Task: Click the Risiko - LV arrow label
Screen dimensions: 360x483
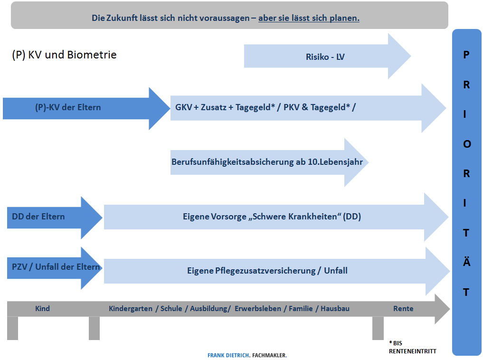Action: point(325,57)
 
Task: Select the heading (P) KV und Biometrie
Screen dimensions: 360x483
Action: point(64,55)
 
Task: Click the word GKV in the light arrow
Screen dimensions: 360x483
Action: point(184,107)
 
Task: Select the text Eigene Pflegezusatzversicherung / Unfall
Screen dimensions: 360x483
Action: point(267,271)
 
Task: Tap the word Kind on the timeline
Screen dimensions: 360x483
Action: point(42,309)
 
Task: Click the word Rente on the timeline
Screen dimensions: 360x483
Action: point(403,309)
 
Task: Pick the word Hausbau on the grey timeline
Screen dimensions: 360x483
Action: point(335,309)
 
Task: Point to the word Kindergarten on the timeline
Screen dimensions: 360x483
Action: point(131,309)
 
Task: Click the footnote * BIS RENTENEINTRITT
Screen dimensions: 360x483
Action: point(412,347)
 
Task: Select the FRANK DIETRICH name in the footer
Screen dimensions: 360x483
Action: point(228,355)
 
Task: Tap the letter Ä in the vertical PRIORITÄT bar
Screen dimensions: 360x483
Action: point(466,262)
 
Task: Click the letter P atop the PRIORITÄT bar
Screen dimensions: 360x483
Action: point(466,55)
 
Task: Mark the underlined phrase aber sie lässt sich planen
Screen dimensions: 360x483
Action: point(309,19)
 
